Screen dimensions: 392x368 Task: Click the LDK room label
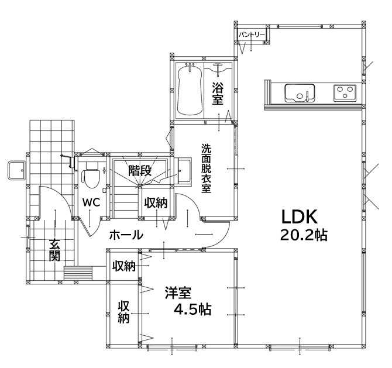point(300,216)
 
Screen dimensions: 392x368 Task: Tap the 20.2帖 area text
point(304,235)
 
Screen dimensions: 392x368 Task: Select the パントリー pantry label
point(252,35)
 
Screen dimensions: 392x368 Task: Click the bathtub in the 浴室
point(190,90)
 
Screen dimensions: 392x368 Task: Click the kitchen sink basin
point(300,93)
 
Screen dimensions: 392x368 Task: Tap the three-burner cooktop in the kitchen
point(345,93)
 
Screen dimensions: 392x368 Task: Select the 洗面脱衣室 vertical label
point(207,168)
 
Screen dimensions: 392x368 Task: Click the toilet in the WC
point(91,175)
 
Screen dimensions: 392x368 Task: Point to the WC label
point(91,202)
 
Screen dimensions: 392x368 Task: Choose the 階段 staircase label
point(140,171)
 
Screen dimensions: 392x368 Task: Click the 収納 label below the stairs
point(156,203)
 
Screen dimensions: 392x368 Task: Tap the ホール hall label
point(126,235)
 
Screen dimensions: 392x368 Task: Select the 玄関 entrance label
point(54,250)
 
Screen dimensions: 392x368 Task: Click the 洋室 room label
point(178,293)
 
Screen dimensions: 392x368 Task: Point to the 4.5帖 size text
point(192,309)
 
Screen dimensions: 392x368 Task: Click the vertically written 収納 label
point(123,312)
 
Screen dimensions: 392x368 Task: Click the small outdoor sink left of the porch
point(16,170)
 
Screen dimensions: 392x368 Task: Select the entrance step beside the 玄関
point(78,273)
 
